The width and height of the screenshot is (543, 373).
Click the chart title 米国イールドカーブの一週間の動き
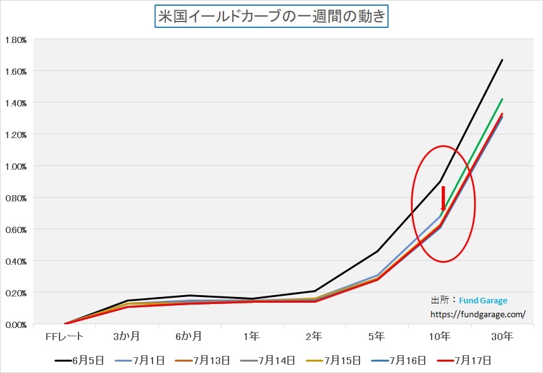[271, 16]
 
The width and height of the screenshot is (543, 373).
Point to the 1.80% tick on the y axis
[15, 39]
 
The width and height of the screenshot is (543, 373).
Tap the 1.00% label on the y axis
[15, 166]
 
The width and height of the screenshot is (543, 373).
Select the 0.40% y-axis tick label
[15, 261]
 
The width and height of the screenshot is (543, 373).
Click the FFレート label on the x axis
[65, 336]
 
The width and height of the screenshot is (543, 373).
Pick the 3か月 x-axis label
[127, 336]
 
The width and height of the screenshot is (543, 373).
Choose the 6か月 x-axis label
[189, 336]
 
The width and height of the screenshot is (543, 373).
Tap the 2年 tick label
[315, 336]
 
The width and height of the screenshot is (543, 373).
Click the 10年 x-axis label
[440, 336]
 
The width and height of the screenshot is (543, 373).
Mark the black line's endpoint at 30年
[502, 60]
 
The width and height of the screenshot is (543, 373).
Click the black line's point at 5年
[377, 251]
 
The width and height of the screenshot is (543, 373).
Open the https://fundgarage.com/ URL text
[478, 313]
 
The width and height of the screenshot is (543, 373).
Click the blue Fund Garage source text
[483, 301]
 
